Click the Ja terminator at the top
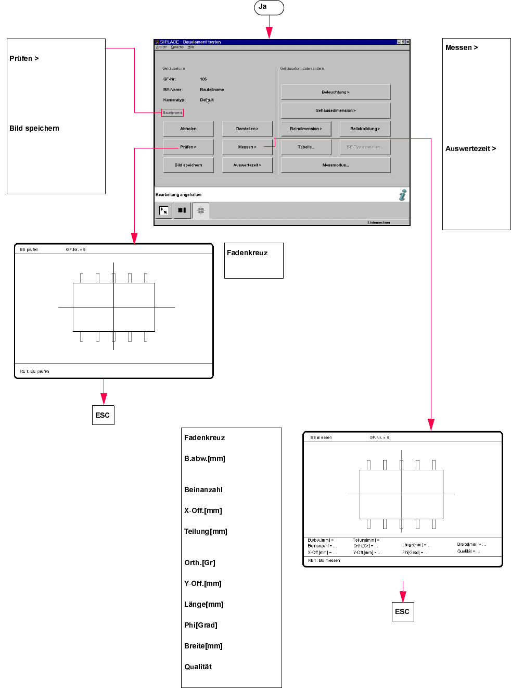pyautogui.click(x=269, y=7)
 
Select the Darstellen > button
pyautogui.click(x=247, y=129)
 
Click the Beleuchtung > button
pyautogui.click(x=336, y=92)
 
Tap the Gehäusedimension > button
pyautogui.click(x=336, y=110)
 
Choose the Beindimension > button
pyautogui.click(x=306, y=129)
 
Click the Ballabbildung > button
pyautogui.click(x=365, y=129)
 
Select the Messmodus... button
pyautogui.click(x=336, y=165)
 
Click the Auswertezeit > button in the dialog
pyautogui.click(x=247, y=165)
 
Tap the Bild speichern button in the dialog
pyautogui.click(x=188, y=165)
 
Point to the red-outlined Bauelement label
pyautogui.click(x=172, y=112)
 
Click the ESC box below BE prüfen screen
pyautogui.click(x=103, y=415)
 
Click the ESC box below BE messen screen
pyautogui.click(x=402, y=611)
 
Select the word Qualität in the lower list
pyautogui.click(x=198, y=667)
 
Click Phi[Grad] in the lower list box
pyautogui.click(x=201, y=625)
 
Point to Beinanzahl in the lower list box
pyautogui.click(x=203, y=490)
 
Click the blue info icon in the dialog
pyautogui.click(x=402, y=195)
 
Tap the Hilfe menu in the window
pyautogui.click(x=191, y=47)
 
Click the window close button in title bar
pyautogui.click(x=408, y=42)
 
